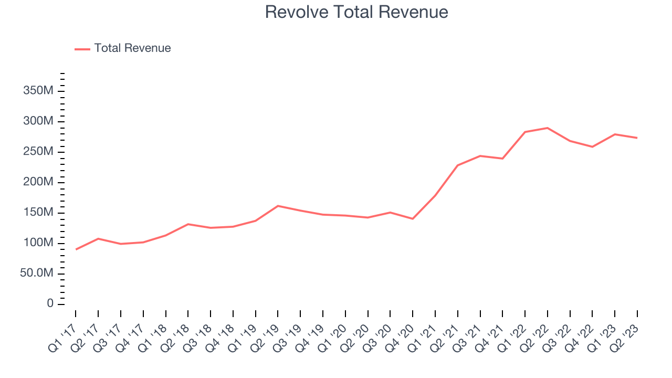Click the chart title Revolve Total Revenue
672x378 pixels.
[356, 12]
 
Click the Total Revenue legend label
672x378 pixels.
[132, 48]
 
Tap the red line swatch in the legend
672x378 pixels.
[82, 49]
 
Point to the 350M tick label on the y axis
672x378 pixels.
[38, 91]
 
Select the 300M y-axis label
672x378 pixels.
[38, 122]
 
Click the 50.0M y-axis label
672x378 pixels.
[36, 274]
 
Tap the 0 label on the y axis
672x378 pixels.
[50, 304]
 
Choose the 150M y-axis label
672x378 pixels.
[38, 213]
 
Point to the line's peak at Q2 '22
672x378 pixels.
[548, 128]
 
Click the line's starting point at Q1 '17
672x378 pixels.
[76, 249]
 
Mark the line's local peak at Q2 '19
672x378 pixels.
[278, 206]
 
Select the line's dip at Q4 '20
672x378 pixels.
[413, 219]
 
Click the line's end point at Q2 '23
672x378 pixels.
[637, 138]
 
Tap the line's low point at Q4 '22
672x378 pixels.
[592, 147]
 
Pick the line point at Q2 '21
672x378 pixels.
[458, 165]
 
